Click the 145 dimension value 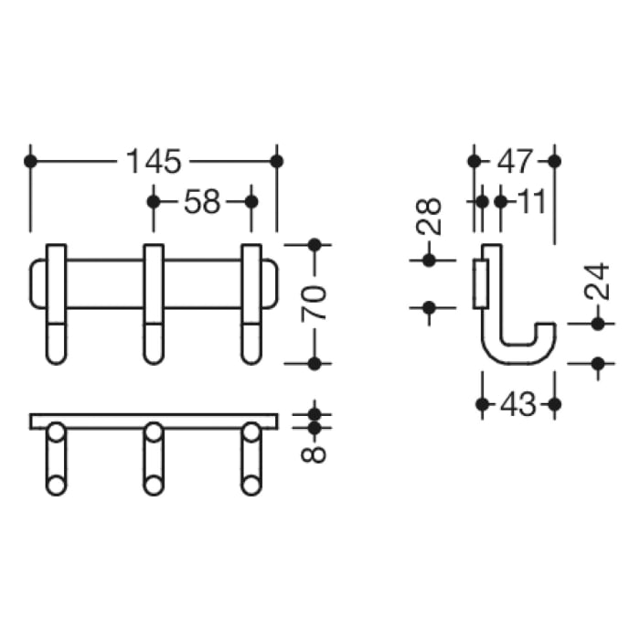[x=154, y=162]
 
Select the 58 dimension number [x=202, y=201]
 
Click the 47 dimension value [x=514, y=162]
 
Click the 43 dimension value [x=517, y=403]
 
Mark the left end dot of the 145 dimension [x=31, y=162]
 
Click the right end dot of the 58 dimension [x=252, y=201]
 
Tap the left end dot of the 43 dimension [x=482, y=403]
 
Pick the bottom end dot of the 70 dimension [x=314, y=364]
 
